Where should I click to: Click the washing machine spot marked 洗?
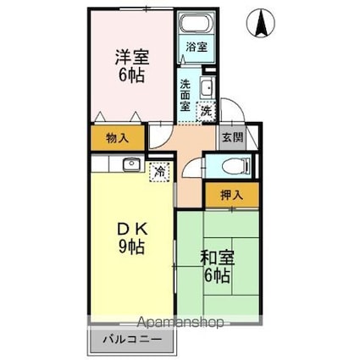click(x=206, y=109)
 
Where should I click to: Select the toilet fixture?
click(x=230, y=166)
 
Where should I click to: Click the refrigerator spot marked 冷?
click(x=159, y=171)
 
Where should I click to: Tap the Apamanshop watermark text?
click(x=182, y=323)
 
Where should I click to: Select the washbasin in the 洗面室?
click(x=207, y=87)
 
